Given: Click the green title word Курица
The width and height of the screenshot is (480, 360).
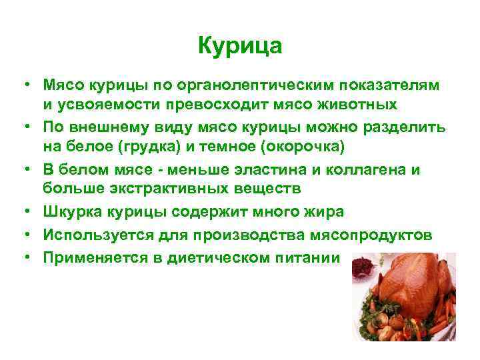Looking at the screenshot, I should point(240,46).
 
